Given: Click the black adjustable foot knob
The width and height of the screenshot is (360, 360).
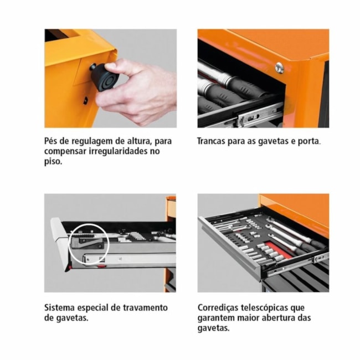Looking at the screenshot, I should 104,77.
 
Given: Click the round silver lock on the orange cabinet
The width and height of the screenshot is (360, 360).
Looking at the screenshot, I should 279,68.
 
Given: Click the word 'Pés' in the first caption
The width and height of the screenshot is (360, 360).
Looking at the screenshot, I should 52,141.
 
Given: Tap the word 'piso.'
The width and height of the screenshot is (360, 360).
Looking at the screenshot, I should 54,162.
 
